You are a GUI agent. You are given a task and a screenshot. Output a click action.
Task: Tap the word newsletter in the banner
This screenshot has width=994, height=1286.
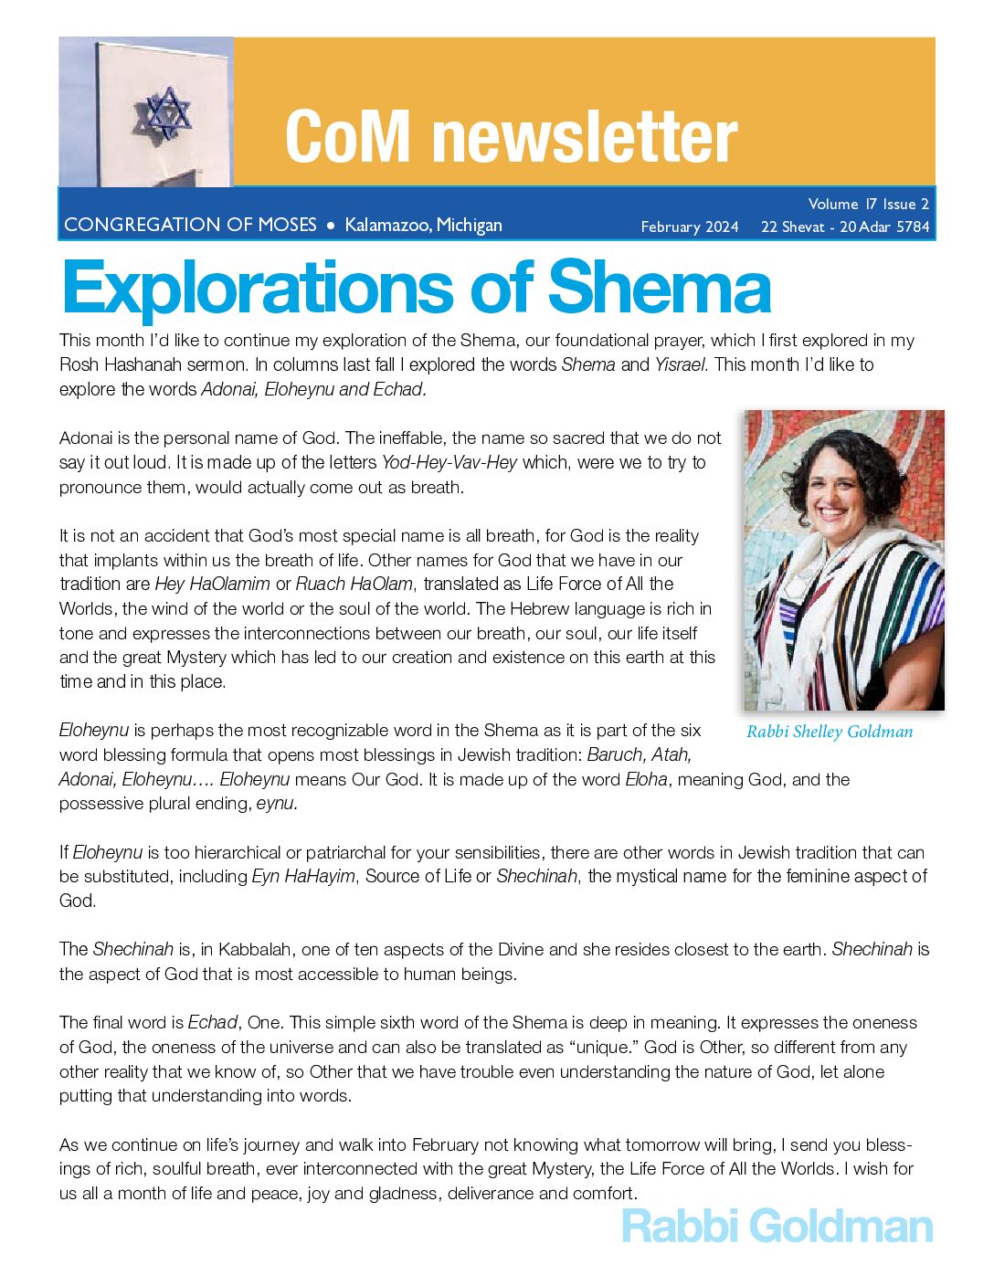(x=585, y=137)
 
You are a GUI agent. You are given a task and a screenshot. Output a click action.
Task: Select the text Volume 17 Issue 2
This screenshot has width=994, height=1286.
(x=868, y=204)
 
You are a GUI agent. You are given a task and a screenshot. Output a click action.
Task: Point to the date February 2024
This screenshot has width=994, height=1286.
(x=690, y=227)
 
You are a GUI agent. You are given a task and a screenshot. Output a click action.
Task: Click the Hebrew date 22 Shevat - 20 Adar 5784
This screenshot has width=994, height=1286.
(x=845, y=227)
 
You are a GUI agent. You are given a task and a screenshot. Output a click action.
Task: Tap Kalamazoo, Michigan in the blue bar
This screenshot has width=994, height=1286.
(x=423, y=225)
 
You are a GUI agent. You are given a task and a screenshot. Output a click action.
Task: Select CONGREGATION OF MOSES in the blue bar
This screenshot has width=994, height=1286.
(x=190, y=225)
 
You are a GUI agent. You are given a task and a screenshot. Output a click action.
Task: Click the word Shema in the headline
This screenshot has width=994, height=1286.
(x=659, y=288)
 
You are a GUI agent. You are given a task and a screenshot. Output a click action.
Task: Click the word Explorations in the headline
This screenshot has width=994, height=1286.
(x=259, y=288)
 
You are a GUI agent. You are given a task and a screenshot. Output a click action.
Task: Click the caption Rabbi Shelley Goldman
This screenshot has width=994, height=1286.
(x=830, y=732)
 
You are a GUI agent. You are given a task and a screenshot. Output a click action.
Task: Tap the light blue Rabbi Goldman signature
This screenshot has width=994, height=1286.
(x=777, y=1226)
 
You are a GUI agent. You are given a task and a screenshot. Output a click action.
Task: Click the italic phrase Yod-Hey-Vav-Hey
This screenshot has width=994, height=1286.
(x=449, y=463)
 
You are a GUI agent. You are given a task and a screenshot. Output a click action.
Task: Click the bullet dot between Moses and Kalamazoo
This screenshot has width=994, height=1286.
(x=331, y=225)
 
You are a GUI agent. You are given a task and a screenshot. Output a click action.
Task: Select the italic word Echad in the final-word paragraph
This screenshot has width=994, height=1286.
(x=213, y=1023)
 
